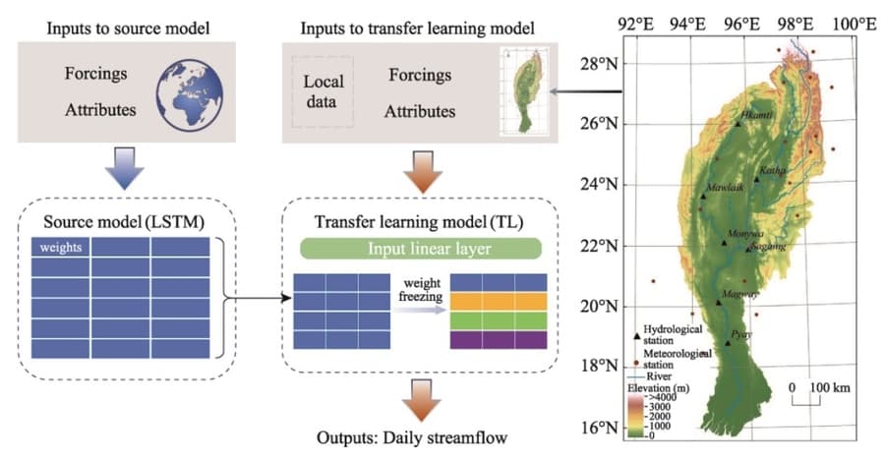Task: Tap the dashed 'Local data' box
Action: coord(324,91)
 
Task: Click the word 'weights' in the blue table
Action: coord(61,246)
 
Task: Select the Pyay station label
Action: coord(741,334)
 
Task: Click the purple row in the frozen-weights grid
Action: coord(497,339)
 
